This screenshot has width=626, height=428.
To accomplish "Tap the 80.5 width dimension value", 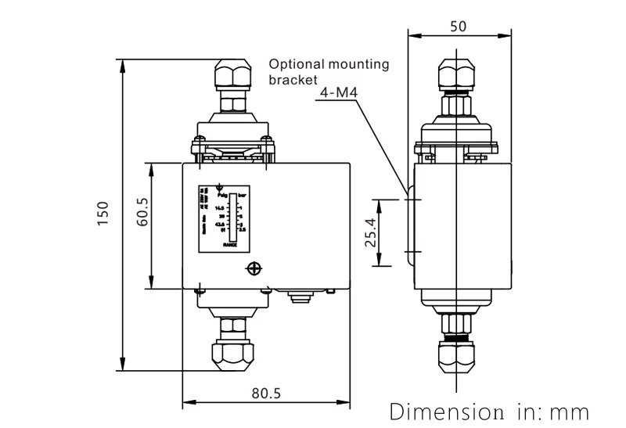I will [x=266, y=393].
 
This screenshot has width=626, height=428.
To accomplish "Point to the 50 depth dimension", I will [x=460, y=26].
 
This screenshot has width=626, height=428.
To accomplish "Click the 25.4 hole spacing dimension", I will [x=372, y=232].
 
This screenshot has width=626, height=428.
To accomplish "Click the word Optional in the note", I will [x=293, y=65].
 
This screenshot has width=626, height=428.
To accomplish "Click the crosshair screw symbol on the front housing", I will [x=254, y=269].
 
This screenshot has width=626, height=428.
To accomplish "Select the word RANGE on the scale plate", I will [x=230, y=244].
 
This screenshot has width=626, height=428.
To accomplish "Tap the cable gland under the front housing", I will [x=297, y=297].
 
